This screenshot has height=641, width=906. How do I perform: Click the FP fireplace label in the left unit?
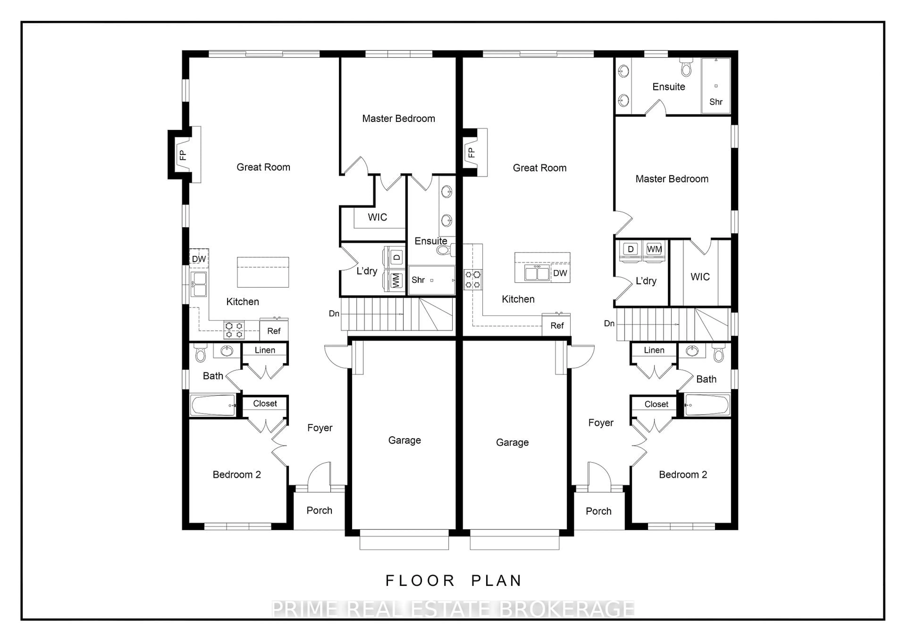tap(182, 155)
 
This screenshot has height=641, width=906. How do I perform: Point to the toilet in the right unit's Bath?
tap(719, 354)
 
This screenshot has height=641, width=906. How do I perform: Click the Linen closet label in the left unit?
tap(265, 350)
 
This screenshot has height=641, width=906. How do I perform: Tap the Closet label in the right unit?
tap(656, 404)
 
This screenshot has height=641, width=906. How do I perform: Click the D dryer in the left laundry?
tap(397, 257)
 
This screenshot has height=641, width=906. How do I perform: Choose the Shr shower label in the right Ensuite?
tap(715, 102)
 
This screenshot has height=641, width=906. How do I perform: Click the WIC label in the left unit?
tap(377, 217)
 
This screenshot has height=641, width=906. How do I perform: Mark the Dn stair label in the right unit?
tap(609, 324)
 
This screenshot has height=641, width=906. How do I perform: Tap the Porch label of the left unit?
tap(319, 510)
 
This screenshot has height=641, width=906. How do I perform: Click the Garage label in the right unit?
tap(512, 443)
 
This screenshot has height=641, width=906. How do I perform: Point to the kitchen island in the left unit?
tap(263, 272)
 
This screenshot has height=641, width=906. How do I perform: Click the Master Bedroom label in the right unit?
tap(672, 179)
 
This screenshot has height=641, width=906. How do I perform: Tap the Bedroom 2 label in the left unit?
tap(237, 474)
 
